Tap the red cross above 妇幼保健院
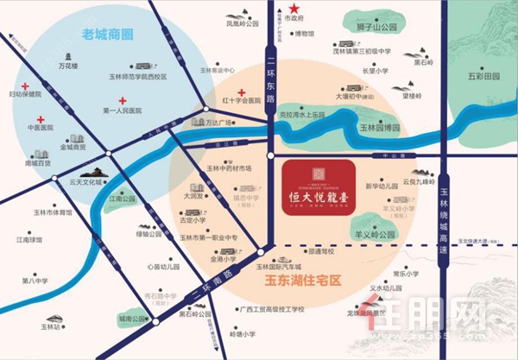[27, 86]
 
